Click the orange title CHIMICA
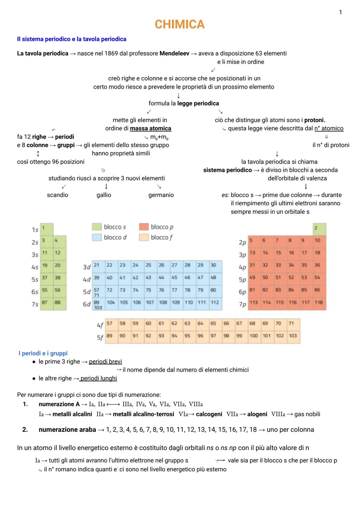coord(179,24)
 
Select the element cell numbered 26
coord(161,265)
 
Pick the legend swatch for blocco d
coord(96,238)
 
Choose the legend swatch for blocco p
coord(144,227)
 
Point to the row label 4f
coord(100,324)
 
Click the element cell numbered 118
coord(319,303)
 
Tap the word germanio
coord(161,195)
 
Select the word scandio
coord(57,195)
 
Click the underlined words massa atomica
coord(150,129)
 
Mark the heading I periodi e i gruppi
coord(43,353)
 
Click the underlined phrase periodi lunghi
coord(99,378)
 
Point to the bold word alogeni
coord(257,414)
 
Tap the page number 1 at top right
coord(340,13)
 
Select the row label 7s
coord(35,304)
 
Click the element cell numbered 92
coord(148,336)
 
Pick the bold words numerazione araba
coord(67,430)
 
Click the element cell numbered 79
coord(200,290)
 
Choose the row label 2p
coord(242,243)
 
